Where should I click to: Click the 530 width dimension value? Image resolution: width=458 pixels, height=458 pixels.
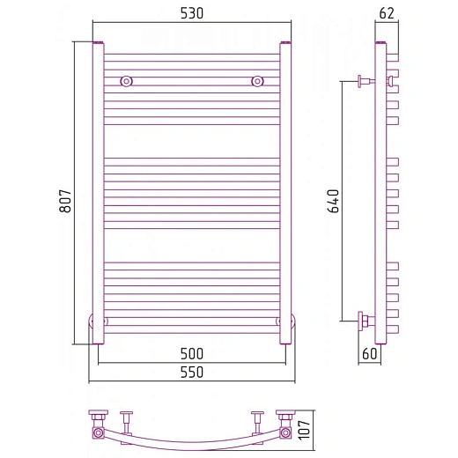click(192, 13)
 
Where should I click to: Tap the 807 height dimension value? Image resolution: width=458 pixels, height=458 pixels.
click(65, 201)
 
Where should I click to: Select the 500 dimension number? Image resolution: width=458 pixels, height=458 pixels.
click(192, 354)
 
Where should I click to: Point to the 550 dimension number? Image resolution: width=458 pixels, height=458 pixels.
click(192, 373)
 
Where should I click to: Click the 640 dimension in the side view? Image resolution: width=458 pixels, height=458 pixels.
click(333, 201)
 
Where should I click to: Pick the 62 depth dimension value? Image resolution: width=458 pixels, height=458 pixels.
click(387, 13)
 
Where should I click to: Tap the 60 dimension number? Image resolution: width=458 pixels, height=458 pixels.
click(369, 354)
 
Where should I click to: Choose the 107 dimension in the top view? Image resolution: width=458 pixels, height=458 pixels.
click(304, 430)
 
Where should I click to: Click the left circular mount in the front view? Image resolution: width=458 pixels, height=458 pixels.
click(127, 81)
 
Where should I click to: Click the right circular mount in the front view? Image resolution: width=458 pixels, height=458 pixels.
click(257, 81)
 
